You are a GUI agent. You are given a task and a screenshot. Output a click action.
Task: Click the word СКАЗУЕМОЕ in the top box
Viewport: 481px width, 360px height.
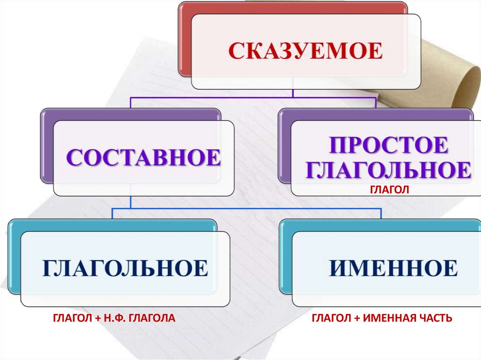click(x=305, y=51)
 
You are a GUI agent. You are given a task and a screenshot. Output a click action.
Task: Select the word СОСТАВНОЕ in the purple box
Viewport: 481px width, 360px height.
click(x=143, y=158)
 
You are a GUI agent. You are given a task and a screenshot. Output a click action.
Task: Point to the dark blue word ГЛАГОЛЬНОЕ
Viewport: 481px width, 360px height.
click(x=125, y=268)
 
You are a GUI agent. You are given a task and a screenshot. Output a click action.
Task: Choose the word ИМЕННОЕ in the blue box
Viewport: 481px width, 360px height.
click(x=393, y=268)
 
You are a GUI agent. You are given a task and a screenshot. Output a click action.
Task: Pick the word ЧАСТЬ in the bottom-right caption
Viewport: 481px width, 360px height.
click(x=435, y=319)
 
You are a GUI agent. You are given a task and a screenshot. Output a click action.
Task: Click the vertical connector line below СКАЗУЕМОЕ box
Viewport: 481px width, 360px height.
click(x=293, y=93)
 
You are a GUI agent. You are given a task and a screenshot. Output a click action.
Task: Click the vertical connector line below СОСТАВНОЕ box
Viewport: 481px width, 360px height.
click(x=130, y=202)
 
